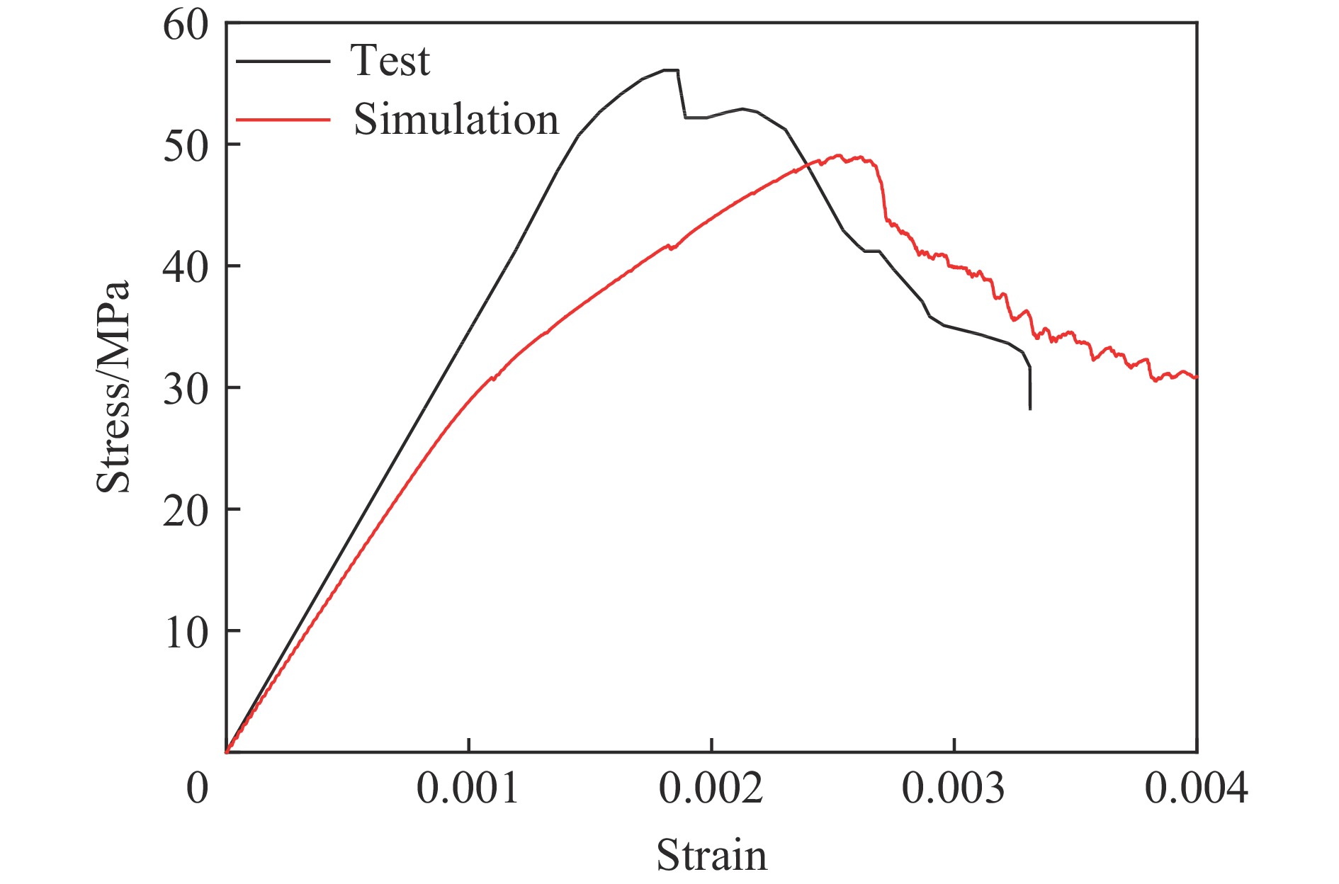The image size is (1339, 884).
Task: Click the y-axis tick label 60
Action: coord(186,26)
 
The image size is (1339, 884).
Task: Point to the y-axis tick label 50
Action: coord(186,147)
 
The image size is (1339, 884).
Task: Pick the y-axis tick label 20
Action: coord(186,512)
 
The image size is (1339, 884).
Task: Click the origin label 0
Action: coord(198,788)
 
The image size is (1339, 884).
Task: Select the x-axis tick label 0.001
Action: coord(468,788)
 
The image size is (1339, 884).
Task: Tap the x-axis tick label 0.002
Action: coord(711,788)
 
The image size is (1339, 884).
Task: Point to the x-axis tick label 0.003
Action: coord(954,788)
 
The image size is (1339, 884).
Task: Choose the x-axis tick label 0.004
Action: coord(1196,788)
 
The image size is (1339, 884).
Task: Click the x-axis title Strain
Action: coord(711,855)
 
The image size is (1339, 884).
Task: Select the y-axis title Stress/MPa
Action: coord(113,387)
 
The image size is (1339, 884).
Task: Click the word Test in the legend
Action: coord(390,61)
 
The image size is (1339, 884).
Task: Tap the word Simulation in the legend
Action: coord(456,120)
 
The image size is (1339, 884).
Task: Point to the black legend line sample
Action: coord(283,62)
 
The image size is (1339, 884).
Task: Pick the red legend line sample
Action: coord(283,120)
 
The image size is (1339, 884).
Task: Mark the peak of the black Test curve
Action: coord(670,69)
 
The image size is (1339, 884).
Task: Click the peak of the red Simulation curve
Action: coord(839,155)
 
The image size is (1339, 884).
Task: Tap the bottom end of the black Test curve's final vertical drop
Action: coord(1029,409)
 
